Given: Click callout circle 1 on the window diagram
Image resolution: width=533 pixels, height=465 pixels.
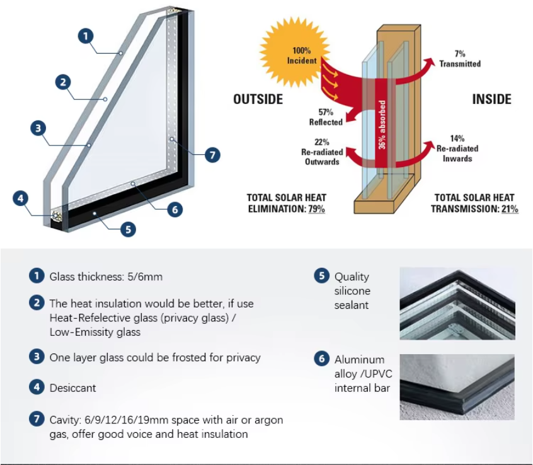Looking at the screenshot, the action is click(86, 36).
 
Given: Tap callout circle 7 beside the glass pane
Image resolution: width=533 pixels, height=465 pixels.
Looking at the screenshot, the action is click(212, 155).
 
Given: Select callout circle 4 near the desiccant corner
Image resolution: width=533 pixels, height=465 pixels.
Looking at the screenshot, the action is click(20, 198).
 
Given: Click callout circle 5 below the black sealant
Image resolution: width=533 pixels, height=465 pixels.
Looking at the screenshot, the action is click(128, 229).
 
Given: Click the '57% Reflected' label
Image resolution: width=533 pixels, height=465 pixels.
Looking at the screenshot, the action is click(326, 117).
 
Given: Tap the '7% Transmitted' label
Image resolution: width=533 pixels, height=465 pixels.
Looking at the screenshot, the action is click(460, 59).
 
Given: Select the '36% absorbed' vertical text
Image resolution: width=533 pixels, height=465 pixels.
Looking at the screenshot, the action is click(382, 125).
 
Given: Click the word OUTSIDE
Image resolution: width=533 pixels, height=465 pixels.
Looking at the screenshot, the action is click(258, 100).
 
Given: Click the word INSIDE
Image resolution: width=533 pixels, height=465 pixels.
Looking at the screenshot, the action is click(492, 100).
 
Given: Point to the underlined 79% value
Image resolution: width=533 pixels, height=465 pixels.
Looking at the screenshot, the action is click(316, 209).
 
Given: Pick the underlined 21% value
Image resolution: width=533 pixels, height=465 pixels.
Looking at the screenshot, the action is click(510, 209).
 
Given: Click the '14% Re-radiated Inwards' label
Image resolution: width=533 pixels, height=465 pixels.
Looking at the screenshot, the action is click(457, 149).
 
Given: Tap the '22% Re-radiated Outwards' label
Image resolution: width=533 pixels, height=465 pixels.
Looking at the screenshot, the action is click(322, 152).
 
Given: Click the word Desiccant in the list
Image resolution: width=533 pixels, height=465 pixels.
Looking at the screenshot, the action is click(72, 388).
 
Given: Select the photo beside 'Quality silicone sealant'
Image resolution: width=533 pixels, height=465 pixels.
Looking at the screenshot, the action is click(457, 304).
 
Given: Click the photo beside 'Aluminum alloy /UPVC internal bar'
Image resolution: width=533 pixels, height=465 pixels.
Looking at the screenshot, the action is click(457, 387).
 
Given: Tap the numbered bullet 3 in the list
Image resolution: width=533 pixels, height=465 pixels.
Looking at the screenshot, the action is click(37, 357).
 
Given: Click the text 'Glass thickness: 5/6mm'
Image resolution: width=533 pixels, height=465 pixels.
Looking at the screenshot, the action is click(106, 277).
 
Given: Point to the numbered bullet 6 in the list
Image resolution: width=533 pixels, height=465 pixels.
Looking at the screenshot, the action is click(321, 359).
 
